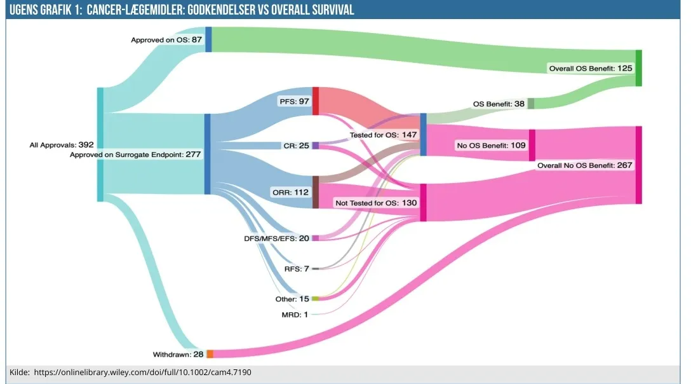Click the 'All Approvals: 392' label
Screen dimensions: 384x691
coord(62,145)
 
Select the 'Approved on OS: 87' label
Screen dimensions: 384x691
coord(166,39)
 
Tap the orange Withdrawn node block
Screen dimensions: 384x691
coord(210,353)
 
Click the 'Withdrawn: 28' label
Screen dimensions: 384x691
coord(178,354)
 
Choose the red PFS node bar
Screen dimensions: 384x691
coord(315,101)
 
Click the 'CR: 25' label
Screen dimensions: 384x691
coord(295,146)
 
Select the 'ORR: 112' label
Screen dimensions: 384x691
coord(292,193)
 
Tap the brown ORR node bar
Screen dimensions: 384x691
coord(315,192)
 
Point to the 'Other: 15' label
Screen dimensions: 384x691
coord(292,299)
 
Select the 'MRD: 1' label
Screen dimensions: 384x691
coord(295,314)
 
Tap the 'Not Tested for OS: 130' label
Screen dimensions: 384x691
coord(376,203)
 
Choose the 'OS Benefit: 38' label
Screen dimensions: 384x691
coord(499,104)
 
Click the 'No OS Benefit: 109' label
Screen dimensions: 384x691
coord(492,146)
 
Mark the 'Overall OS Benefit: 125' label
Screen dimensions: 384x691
coord(591,67)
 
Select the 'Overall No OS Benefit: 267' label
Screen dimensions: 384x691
coord(585,165)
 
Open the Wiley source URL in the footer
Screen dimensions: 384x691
coord(142,372)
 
